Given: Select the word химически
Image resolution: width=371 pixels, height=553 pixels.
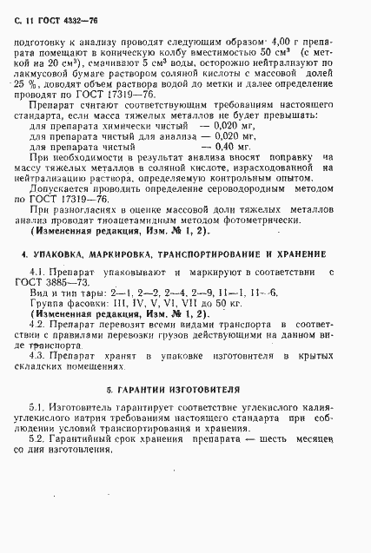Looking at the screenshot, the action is point(114,124).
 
